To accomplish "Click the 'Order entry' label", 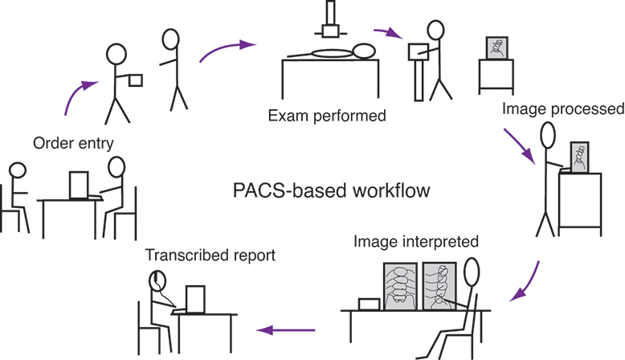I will click(73, 142).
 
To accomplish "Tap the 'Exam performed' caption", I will click(327, 116).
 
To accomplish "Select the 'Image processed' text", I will click(562, 108).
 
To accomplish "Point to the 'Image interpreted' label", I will click(416, 240).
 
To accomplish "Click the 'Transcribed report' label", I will click(210, 256).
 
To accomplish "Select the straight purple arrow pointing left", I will click(285, 329).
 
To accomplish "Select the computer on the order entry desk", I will click(81, 186).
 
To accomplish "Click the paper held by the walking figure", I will click(136, 80).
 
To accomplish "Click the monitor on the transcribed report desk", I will click(197, 299).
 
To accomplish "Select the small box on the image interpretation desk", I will click(370, 304).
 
